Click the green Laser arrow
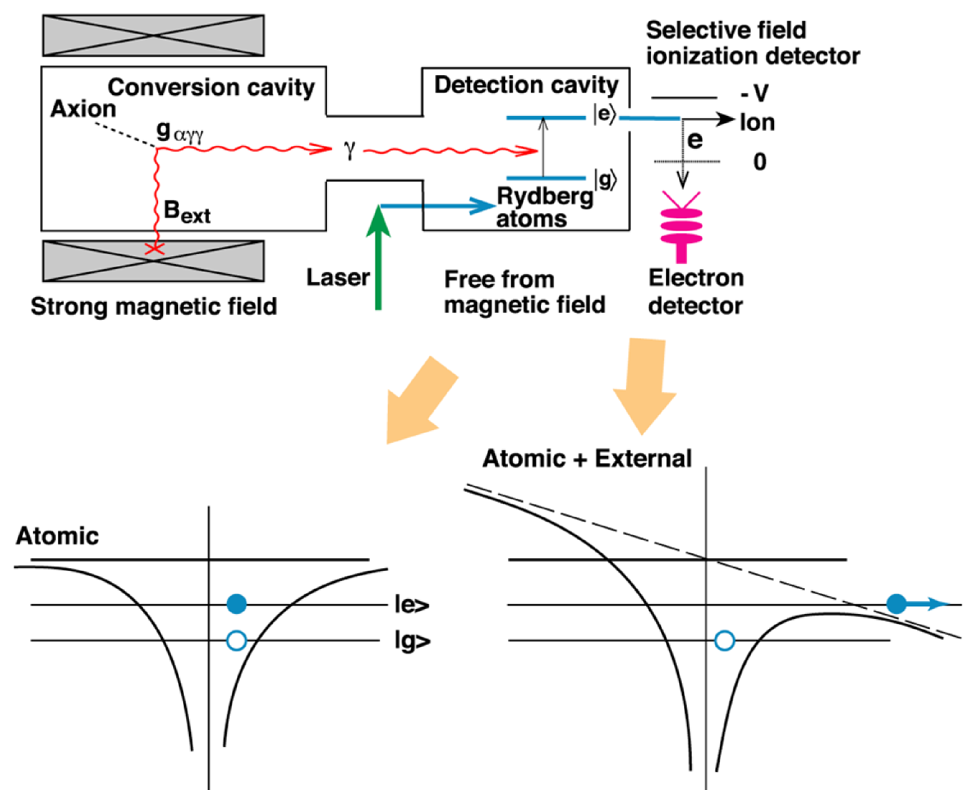[378, 258]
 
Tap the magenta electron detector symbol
[681, 227]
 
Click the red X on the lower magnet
[155, 248]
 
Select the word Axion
[83, 109]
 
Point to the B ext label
[187, 211]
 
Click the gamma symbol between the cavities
[349, 150]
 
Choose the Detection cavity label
[526, 85]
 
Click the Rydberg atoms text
[544, 208]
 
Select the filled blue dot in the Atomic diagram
[237, 604]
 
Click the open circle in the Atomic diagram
[237, 640]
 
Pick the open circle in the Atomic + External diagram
[725, 640]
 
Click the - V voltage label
[755, 93]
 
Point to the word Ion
[757, 122]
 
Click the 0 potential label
[760, 162]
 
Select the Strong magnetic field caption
[154, 306]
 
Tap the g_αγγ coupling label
[180, 132]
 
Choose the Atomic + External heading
[587, 458]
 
